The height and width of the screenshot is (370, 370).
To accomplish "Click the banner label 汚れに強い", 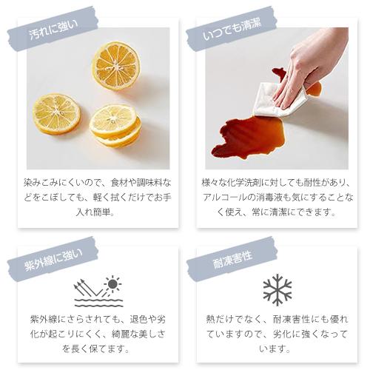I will pos(52,31).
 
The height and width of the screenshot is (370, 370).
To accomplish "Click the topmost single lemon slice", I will pos(115,65).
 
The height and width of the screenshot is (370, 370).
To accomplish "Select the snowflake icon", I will pos(277,290).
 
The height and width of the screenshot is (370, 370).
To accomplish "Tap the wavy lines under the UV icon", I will pos(98,303).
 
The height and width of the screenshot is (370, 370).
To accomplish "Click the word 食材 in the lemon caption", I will pos(124,182).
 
